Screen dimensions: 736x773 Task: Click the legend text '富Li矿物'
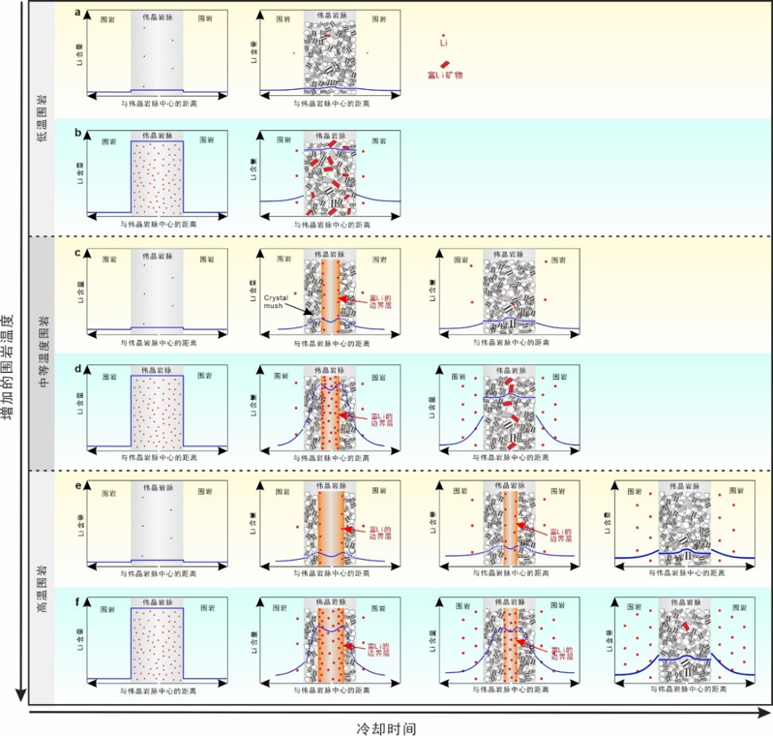pos(445,75)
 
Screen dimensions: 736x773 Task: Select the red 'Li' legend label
pos(444,44)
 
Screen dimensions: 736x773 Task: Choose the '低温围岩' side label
pos(42,119)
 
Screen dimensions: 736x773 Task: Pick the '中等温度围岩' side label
pos(42,354)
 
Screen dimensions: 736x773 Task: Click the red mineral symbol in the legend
pos(445,62)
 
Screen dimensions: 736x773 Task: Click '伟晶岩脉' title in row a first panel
pos(157,17)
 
